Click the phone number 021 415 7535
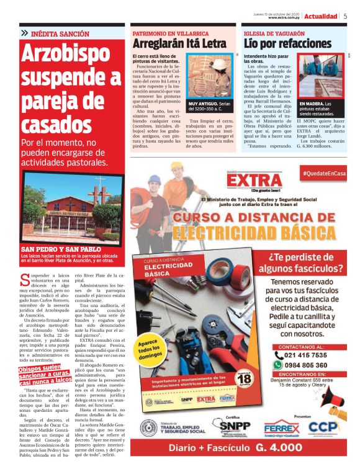[x=304, y=355]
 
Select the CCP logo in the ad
[x=323, y=427]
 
